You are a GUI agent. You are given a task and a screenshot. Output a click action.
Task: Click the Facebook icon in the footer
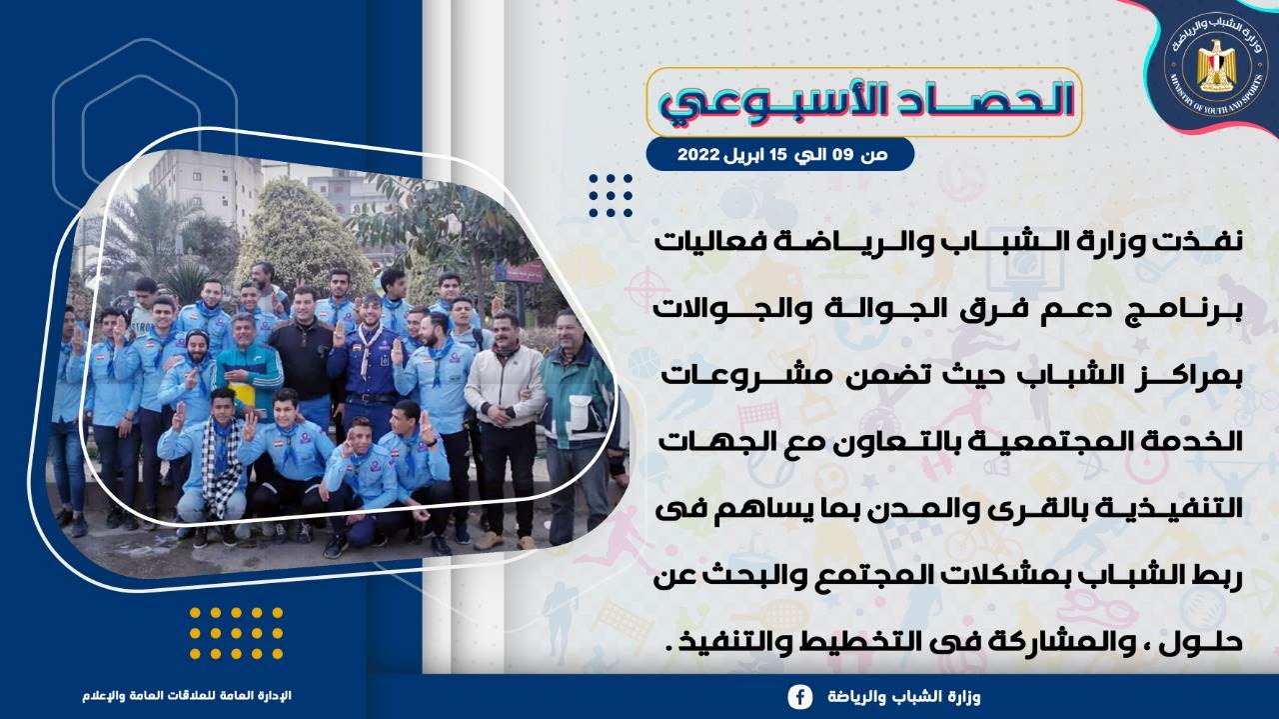(800, 697)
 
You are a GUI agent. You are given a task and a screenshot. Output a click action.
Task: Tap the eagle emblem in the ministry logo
(1216, 66)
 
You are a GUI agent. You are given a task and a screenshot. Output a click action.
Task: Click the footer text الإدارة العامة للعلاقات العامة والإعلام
(187, 696)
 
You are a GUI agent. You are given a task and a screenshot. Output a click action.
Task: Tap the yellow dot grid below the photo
(236, 633)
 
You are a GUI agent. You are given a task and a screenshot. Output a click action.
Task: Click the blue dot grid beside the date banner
(611, 195)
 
